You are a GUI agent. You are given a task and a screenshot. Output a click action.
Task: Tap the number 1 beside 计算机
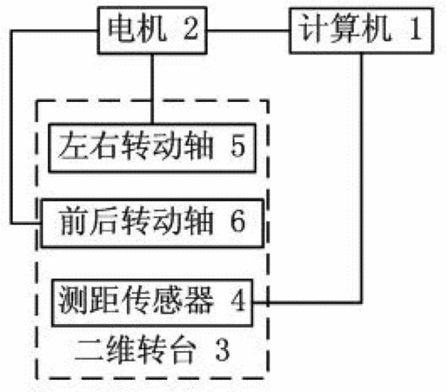(416, 29)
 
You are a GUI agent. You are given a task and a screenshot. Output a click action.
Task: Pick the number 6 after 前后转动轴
(238, 221)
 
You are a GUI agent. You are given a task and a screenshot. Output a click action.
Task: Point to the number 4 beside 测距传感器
(238, 301)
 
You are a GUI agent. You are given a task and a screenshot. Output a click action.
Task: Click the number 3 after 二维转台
(223, 350)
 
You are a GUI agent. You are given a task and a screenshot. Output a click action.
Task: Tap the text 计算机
(344, 30)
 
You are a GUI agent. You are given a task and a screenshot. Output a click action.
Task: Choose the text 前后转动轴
(137, 221)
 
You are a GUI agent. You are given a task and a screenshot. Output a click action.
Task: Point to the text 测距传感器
(136, 301)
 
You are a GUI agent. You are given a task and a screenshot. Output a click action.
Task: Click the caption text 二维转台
(135, 350)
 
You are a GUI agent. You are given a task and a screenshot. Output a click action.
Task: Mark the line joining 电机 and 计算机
(248, 30)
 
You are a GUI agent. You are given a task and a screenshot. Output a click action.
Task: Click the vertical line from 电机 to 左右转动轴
(151, 89)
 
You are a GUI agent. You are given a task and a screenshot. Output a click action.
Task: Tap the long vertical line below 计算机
(361, 178)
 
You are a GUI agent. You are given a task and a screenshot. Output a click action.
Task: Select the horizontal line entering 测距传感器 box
(307, 302)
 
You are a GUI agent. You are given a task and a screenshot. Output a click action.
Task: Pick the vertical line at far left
(11, 127)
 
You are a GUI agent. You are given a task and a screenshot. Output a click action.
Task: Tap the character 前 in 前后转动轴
(75, 221)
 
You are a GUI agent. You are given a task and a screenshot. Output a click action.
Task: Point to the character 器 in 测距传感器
(198, 301)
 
